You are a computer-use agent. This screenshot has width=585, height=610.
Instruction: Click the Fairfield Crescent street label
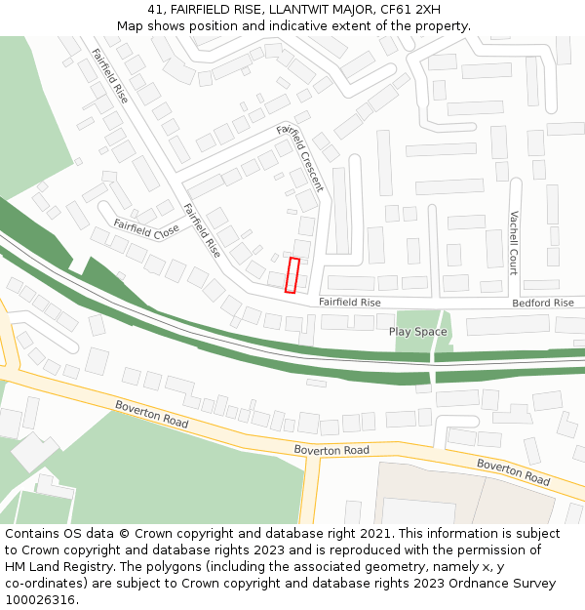[x=299, y=157]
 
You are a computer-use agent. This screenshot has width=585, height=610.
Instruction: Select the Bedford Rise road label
[x=543, y=304]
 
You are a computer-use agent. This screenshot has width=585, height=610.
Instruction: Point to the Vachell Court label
[x=513, y=243]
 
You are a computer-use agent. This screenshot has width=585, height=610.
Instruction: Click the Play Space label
[x=418, y=332]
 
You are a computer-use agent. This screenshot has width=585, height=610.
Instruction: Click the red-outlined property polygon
[x=292, y=275]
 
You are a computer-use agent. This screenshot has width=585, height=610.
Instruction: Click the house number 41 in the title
[x=156, y=9]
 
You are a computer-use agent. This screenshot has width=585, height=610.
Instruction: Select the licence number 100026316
[x=40, y=600]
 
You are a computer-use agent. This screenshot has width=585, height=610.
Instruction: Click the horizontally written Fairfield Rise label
[x=349, y=304]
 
